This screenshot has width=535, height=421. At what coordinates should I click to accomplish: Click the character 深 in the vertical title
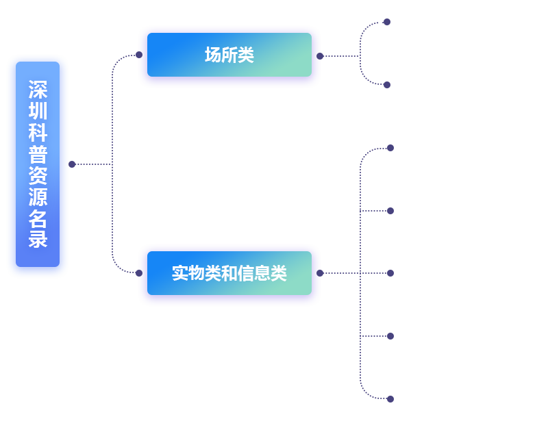pos(38,90)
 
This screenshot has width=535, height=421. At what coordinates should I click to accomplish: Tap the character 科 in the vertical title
pos(38,133)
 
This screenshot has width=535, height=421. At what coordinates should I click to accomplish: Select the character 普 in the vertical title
pos(38,154)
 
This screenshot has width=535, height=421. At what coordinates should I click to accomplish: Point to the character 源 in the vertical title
pos(38,197)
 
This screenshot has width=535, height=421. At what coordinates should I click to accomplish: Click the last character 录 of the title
pos(38,240)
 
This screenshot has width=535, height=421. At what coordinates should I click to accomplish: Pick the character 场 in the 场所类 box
pos(213,55)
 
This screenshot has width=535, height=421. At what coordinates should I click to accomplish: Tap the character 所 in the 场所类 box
pos(229,55)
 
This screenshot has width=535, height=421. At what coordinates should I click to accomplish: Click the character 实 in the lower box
pos(180,273)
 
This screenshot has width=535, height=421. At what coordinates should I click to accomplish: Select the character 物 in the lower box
pos(197,273)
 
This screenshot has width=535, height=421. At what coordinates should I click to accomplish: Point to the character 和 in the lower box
pos(229,273)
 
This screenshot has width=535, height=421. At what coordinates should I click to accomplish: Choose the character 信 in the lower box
pos(246,273)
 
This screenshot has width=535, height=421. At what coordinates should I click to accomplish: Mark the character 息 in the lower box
pos(262,273)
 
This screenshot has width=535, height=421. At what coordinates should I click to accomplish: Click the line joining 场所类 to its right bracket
pos(341,55)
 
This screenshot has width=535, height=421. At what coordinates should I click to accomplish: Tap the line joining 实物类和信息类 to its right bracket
pos(341,272)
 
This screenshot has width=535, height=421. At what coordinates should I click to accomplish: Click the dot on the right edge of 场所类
pos(321,55)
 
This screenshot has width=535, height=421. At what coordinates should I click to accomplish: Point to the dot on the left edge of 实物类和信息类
pos(138,273)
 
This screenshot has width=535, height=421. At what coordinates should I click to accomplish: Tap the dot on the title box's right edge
pos(72,164)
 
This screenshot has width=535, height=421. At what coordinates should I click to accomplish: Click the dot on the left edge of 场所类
pos(138,54)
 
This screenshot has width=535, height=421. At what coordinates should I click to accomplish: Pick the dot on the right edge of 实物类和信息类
pos(321,272)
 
